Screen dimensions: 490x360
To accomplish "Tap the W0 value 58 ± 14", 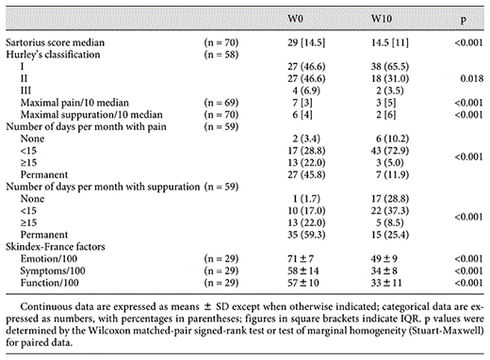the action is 305,280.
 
